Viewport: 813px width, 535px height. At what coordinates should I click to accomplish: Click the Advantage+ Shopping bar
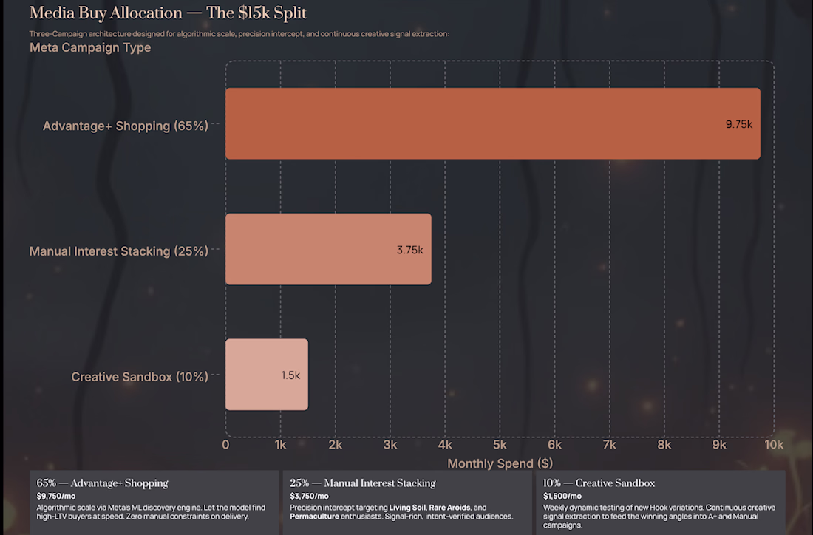pos(492,123)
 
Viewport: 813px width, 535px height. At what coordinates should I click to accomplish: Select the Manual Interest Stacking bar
pos(328,249)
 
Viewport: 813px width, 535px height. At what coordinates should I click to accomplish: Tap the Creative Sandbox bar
pos(266,375)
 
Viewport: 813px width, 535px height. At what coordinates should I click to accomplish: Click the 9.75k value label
pos(738,124)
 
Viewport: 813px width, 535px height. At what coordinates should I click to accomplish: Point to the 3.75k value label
pos(409,250)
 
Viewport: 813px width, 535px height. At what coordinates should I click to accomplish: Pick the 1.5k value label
pos(290,375)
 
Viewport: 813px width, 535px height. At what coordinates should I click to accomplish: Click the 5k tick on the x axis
pos(500,445)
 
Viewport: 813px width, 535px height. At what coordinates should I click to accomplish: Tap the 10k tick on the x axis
pos(774,445)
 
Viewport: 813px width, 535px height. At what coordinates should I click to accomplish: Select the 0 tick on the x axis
pos(225,445)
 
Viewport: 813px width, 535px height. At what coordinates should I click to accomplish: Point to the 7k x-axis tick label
pos(610,445)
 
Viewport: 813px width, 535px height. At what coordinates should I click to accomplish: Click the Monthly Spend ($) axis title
pos(500,463)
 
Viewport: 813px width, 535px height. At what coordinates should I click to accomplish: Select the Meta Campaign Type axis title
pos(90,47)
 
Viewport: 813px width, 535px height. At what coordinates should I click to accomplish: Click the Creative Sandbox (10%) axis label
pos(140,377)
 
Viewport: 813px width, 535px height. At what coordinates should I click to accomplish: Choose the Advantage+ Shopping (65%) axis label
pos(126,126)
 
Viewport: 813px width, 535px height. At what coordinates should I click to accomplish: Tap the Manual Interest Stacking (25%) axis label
pos(118,251)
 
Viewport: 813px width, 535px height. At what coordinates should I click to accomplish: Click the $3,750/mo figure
pos(309,496)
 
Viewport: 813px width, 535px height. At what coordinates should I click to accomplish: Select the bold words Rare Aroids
pos(449,508)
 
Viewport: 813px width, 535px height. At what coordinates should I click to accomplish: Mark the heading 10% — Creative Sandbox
pos(599,483)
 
